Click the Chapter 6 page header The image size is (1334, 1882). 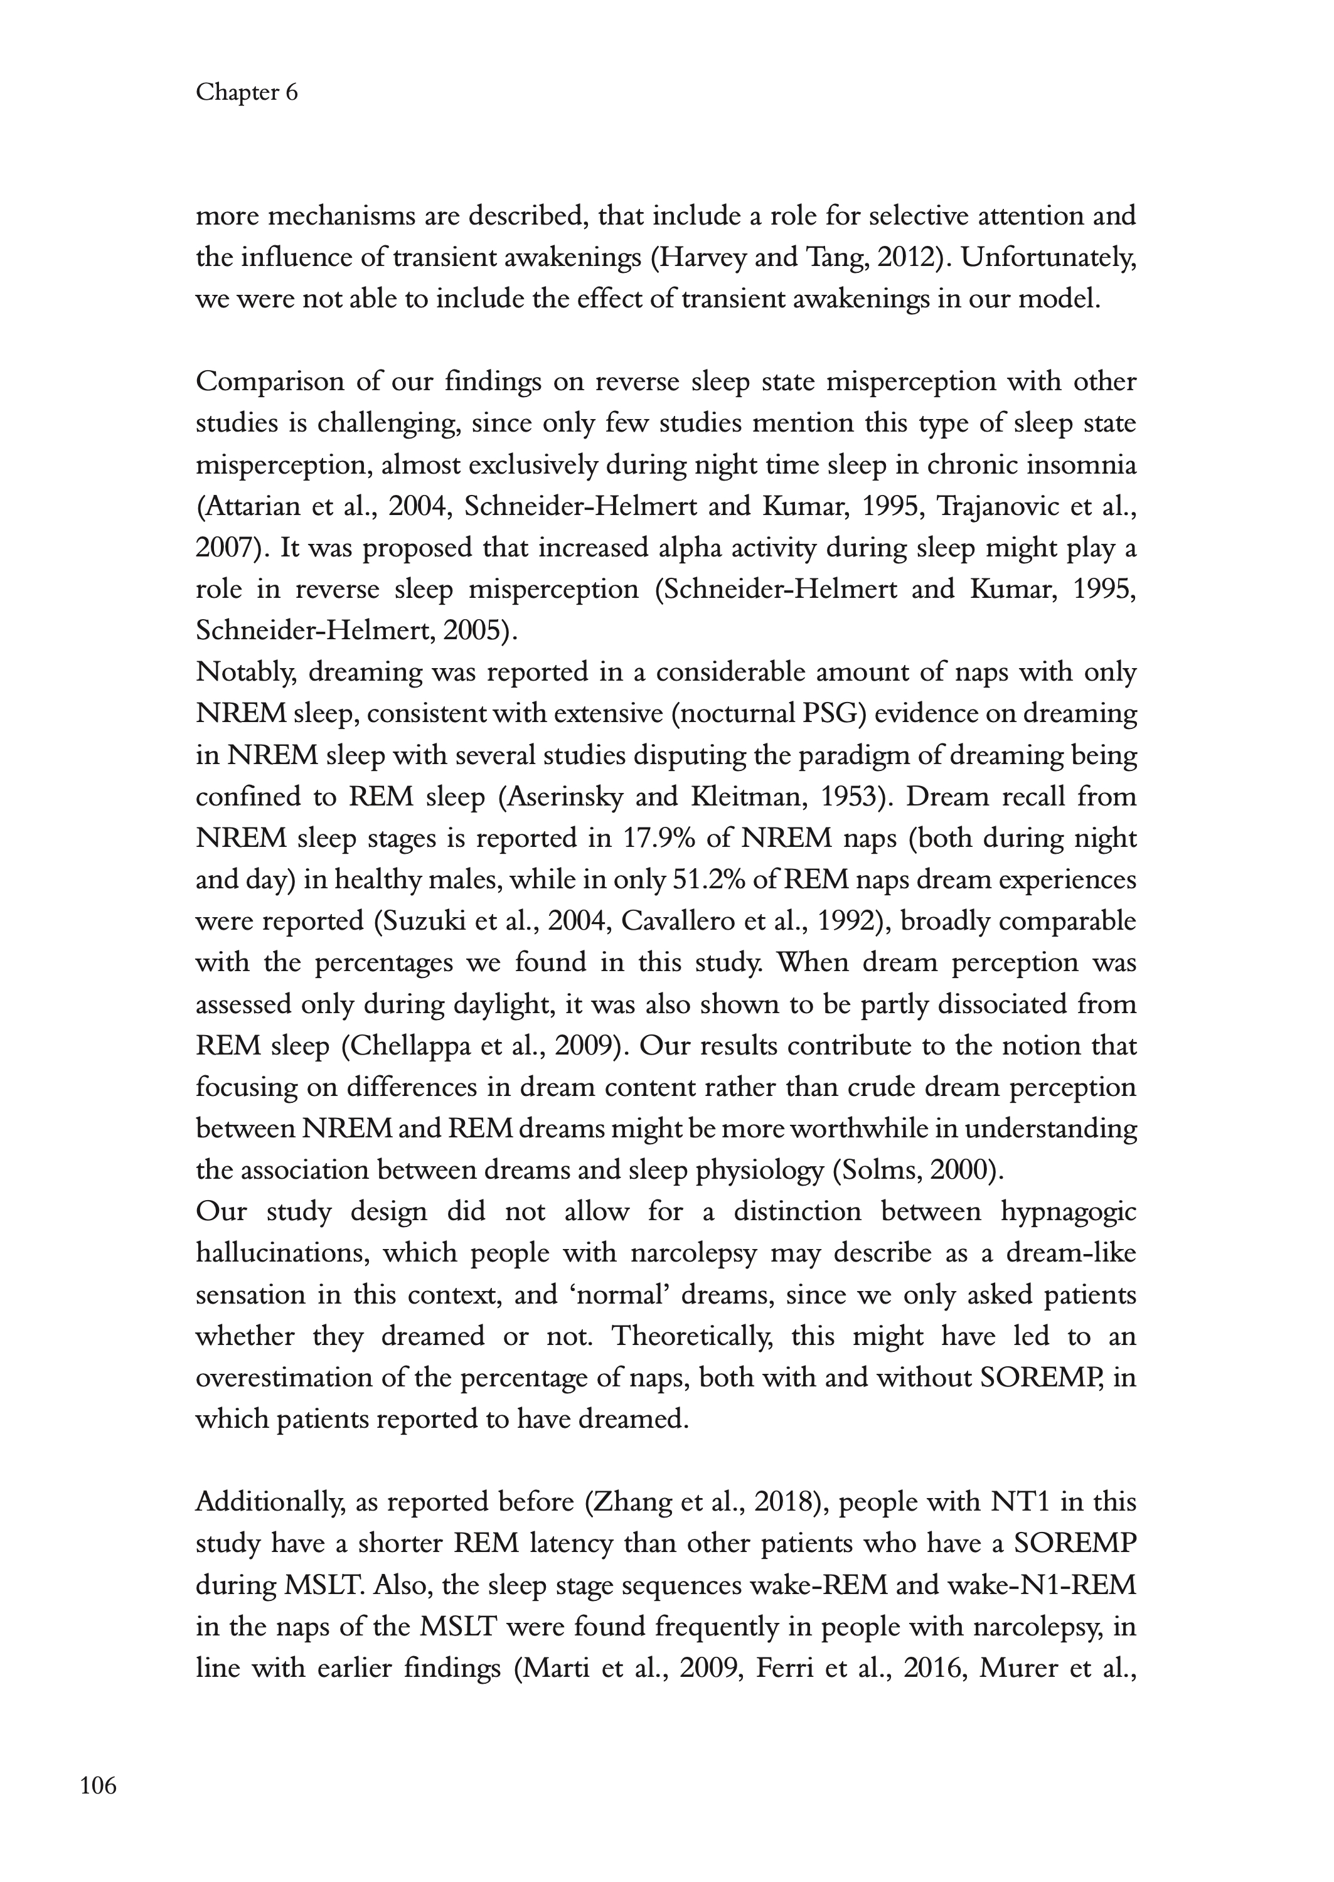247,93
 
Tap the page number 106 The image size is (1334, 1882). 99,1785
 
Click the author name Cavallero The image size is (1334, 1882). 675,922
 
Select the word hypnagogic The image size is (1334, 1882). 1068,1212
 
